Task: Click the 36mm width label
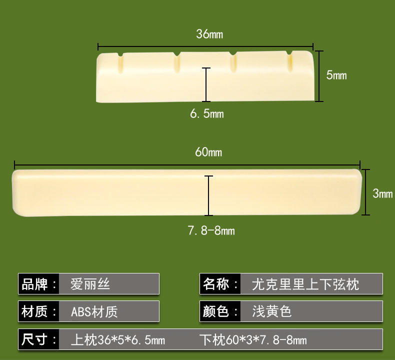pyautogui.click(x=209, y=34)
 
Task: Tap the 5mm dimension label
pyautogui.click(x=336, y=75)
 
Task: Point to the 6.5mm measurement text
pyautogui.click(x=206, y=114)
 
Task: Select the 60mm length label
pyautogui.click(x=208, y=152)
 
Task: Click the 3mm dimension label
pyautogui.click(x=382, y=193)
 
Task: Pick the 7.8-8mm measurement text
pyautogui.click(x=210, y=231)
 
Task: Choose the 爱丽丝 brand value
pyautogui.click(x=90, y=284)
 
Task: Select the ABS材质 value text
pyautogui.click(x=94, y=312)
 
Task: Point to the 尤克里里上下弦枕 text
pyautogui.click(x=305, y=284)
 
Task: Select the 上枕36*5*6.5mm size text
pyautogui.click(x=118, y=340)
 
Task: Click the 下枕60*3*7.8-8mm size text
pyautogui.click(x=252, y=340)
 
